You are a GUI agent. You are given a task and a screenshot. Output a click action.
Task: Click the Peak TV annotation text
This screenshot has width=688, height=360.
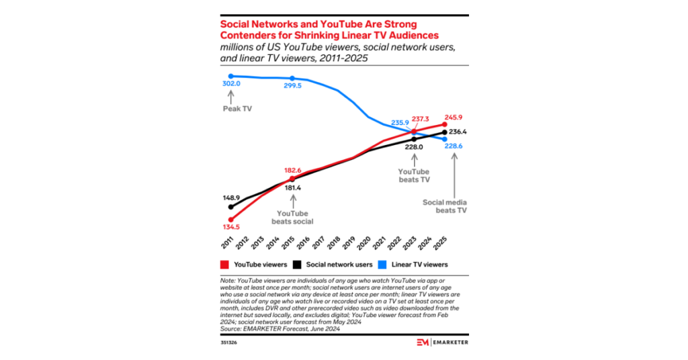click(x=232, y=107)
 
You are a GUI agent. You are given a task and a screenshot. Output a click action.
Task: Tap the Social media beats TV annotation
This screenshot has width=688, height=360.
click(x=445, y=206)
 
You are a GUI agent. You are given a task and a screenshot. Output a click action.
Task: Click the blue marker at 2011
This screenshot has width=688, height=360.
click(x=230, y=76)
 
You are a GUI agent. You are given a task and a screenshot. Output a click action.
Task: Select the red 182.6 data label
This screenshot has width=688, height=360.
click(x=290, y=171)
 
